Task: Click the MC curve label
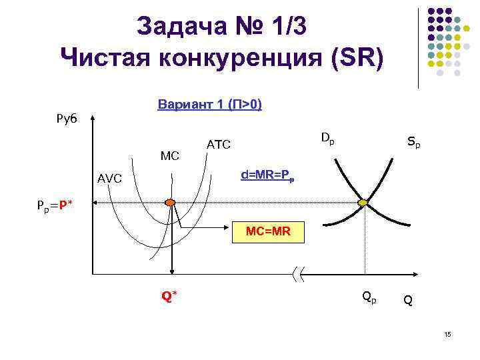170,156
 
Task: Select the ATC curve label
219,144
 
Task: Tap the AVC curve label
109,179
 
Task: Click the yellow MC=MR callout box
267,233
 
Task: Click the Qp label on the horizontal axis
369,297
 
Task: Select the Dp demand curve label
327,139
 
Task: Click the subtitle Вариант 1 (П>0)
209,105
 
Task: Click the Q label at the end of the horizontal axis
407,301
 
